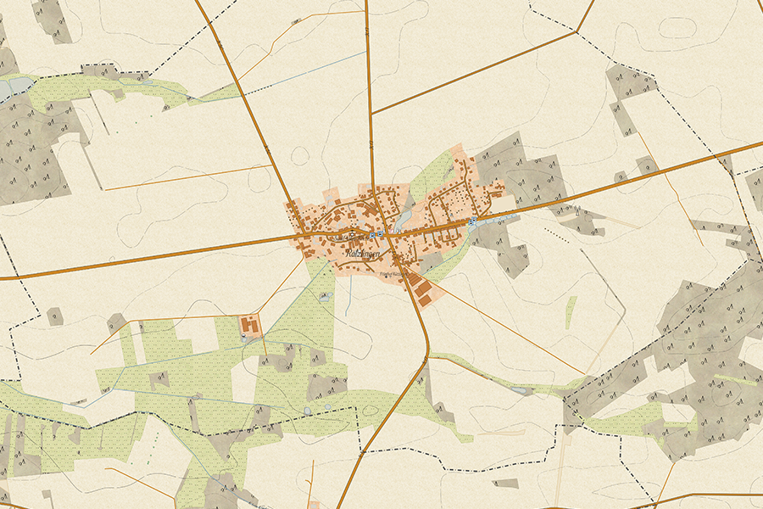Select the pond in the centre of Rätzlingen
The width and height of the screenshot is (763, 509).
[x=404, y=218]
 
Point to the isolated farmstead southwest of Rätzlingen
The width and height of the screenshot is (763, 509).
[x=251, y=325]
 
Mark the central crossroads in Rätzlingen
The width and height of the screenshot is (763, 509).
[x=371, y=232]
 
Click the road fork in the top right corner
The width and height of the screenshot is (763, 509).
[x=576, y=31]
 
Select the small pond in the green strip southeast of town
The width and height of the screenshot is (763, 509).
[x=520, y=390]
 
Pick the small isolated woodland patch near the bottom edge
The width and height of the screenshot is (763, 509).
[x=505, y=484]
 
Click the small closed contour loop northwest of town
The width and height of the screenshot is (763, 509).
[x=299, y=155]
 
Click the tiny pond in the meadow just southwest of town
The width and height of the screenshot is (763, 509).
[x=325, y=297]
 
